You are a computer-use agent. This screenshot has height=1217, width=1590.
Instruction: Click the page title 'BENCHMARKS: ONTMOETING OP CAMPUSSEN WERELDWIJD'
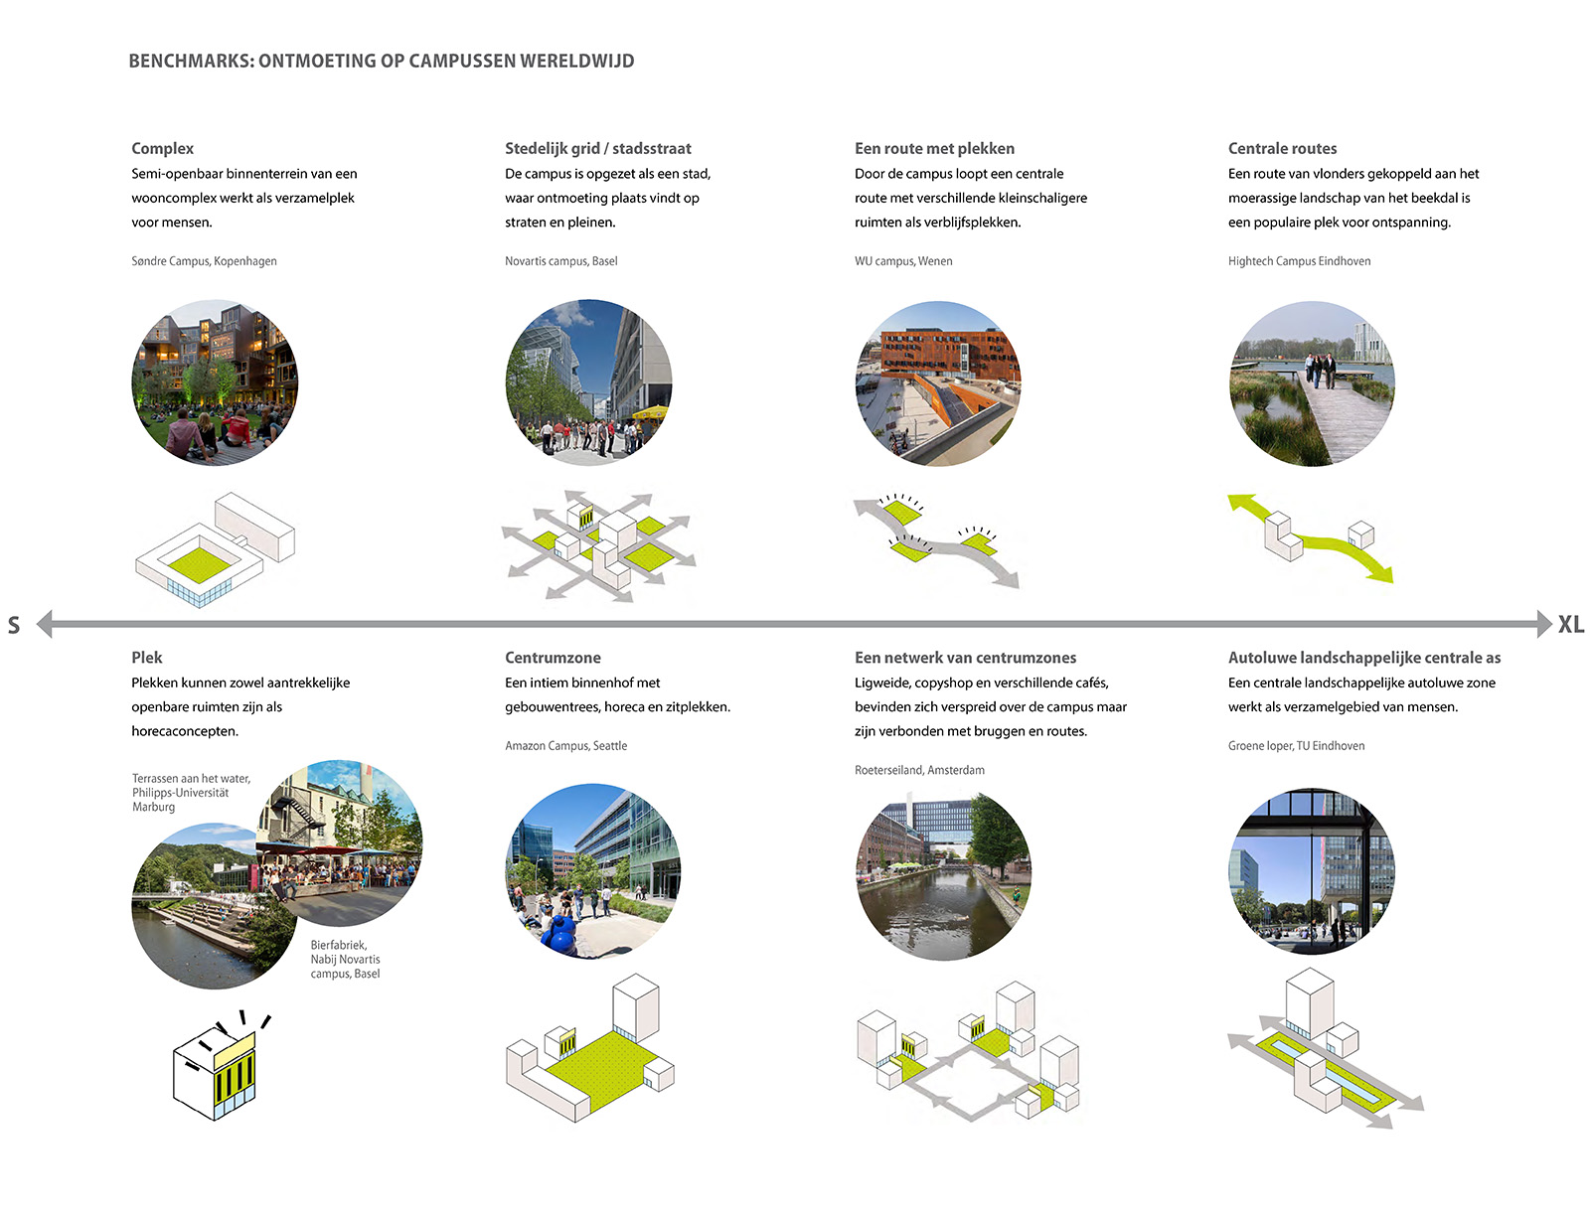382,61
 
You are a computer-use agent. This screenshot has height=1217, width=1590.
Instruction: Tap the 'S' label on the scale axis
14,625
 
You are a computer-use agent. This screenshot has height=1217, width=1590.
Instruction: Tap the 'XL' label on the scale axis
1571,625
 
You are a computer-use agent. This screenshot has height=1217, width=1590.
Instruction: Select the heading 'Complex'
162,148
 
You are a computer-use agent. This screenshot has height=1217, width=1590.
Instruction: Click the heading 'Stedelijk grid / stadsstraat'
598,148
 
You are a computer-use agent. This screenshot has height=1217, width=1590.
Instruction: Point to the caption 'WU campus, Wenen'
903,261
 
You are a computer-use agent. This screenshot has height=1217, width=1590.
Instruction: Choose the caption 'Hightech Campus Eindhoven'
1300,261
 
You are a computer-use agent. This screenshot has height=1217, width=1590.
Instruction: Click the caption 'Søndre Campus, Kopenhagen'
204,261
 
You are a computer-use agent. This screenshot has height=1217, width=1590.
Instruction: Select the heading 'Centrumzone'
553,658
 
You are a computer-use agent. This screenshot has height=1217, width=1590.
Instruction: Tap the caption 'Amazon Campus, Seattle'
565,746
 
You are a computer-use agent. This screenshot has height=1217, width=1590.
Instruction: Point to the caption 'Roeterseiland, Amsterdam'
919,770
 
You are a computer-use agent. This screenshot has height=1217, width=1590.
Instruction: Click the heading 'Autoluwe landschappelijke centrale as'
1364,658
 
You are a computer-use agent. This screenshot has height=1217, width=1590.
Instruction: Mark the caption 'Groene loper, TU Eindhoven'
1297,746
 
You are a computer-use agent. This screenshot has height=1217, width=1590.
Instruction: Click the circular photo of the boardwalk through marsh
1312,383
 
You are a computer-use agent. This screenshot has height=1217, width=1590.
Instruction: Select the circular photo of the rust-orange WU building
938,383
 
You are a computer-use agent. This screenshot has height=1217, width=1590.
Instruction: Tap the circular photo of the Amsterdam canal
943,874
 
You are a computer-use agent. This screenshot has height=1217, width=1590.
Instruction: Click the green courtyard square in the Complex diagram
200,564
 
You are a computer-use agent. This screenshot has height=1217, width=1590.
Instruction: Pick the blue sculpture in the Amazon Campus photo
561,934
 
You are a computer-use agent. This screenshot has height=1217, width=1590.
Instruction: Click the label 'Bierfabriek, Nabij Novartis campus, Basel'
346,960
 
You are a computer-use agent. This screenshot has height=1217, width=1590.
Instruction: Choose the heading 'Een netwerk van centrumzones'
965,658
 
